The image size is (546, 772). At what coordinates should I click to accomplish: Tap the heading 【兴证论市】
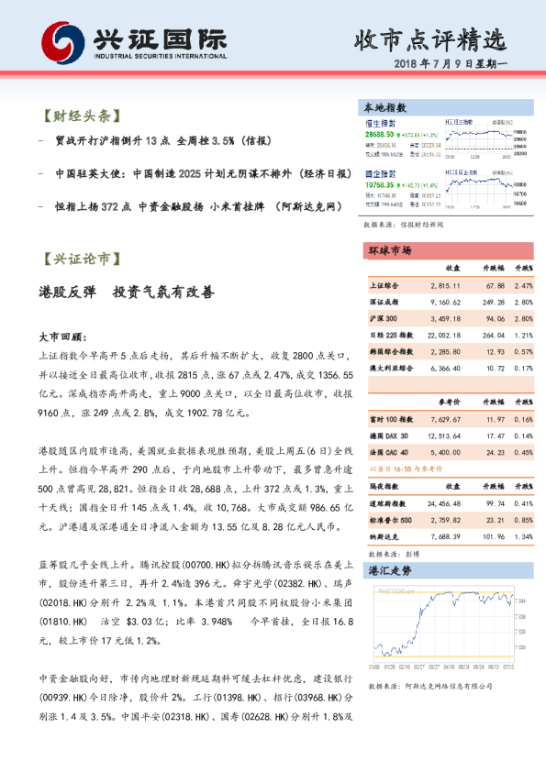[80, 259]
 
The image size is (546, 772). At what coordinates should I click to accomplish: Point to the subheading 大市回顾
[63, 336]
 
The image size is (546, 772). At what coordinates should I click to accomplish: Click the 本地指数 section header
[386, 107]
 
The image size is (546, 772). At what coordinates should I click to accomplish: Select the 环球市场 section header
[389, 250]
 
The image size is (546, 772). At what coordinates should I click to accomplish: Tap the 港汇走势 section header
[389, 570]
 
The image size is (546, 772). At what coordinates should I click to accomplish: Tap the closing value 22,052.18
[443, 335]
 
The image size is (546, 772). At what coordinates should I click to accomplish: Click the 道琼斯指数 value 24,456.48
[443, 504]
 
